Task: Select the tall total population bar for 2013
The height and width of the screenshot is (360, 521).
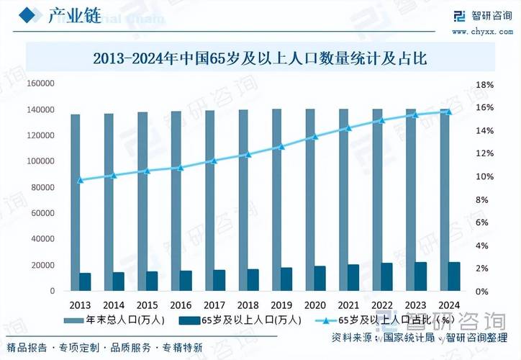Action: [75, 202]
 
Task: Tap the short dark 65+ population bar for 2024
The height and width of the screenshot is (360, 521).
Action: [455, 276]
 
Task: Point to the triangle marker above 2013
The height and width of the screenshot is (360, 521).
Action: [81, 180]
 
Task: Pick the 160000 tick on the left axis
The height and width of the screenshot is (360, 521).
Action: [41, 84]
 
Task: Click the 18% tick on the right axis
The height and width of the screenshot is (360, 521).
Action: [484, 85]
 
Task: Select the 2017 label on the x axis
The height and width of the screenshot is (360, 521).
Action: [214, 305]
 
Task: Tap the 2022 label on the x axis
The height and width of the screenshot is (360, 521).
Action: [381, 305]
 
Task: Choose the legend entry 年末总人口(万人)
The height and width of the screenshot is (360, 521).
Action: [115, 319]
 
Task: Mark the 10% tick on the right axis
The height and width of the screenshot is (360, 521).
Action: [484, 177]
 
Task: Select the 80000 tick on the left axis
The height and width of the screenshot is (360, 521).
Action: [43, 187]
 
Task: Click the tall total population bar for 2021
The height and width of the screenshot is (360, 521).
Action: [343, 200]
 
